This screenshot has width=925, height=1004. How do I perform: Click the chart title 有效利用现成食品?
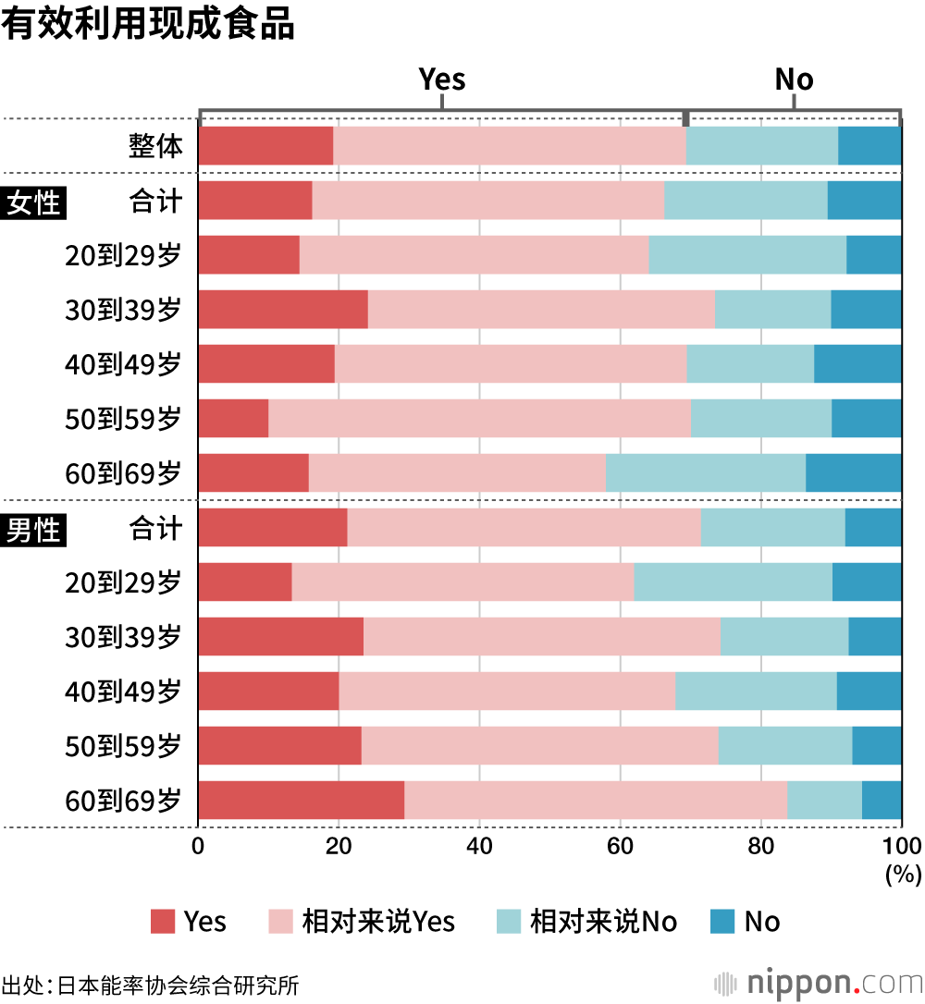(148, 25)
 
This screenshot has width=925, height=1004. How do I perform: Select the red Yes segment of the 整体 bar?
(265, 146)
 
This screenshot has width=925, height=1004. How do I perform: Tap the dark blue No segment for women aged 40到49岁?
(857, 363)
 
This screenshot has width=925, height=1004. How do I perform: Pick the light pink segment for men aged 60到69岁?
(596, 800)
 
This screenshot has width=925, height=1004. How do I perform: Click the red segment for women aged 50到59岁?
(233, 418)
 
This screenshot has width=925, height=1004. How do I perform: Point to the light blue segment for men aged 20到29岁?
(733, 582)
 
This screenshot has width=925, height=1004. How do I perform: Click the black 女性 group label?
(34, 202)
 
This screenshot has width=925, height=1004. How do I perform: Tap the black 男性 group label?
(34, 530)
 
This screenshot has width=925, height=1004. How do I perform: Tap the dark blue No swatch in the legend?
(722, 921)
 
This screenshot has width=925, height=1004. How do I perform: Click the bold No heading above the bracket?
(794, 80)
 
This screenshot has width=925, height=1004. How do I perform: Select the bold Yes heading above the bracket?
(442, 80)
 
